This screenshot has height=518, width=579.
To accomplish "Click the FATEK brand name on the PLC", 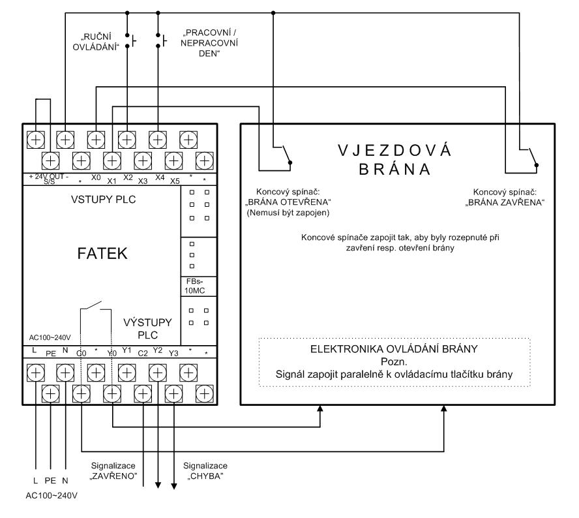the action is (x=102, y=254).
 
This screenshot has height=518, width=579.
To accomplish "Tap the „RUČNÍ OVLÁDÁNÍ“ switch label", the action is (x=96, y=42).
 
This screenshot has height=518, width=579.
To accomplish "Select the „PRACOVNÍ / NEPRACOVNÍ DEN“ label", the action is (x=209, y=43).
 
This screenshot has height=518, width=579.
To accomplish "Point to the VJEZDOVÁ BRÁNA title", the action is (x=394, y=160).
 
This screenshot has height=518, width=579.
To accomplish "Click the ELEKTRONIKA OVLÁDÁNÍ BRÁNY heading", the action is (x=394, y=349).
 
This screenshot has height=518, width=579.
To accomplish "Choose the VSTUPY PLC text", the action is (x=104, y=200).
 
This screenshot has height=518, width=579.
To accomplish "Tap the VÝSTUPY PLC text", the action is (x=148, y=328).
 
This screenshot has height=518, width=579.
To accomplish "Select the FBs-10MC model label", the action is (x=194, y=286).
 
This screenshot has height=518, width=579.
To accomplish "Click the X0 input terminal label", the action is (x=96, y=177).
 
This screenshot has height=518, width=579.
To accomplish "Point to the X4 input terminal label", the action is (x=160, y=177).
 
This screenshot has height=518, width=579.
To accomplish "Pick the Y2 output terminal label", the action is (x=158, y=350).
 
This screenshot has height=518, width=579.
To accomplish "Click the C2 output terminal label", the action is (x=143, y=354).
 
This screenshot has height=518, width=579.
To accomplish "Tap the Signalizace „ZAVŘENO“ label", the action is (x=113, y=471).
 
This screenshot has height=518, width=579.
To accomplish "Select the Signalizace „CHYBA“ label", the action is (x=205, y=471).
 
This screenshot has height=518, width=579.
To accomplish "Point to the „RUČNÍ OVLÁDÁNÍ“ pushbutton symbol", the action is (x=130, y=40).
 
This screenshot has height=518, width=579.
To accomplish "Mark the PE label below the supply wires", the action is (x=50, y=481).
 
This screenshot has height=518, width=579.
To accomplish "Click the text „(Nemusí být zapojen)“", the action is (x=288, y=213).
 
